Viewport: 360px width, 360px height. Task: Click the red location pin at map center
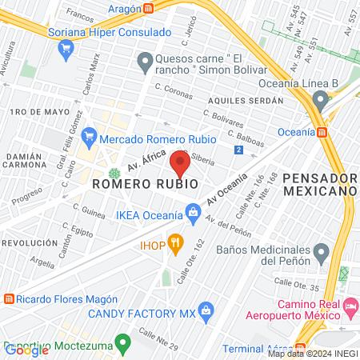[180, 165]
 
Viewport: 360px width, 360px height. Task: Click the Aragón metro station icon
[149, 7]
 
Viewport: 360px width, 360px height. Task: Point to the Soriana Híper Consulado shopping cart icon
[66, 48]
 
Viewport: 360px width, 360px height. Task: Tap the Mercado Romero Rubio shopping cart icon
[89, 137]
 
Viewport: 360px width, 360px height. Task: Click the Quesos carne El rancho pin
[145, 61]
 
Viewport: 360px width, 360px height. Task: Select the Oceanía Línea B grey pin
[321, 101]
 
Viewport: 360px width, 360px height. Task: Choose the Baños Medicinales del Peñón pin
[321, 254]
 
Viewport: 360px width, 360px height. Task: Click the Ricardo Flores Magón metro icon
[8, 299]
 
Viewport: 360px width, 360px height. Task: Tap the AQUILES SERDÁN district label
[246, 101]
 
